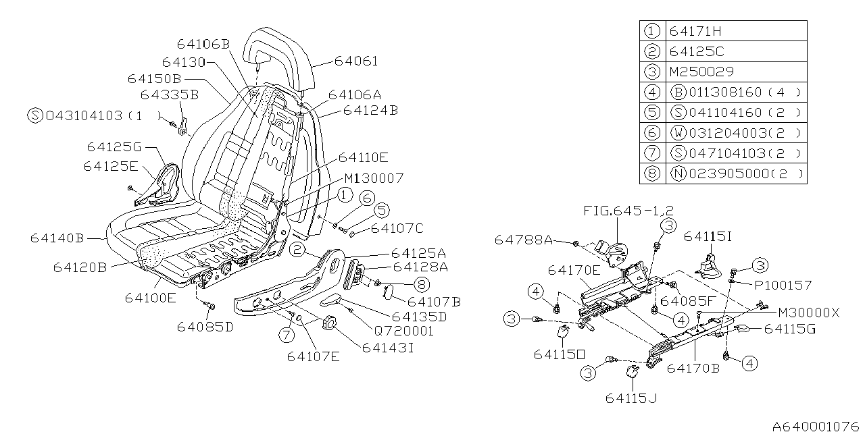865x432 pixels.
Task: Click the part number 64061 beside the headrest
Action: coord(356,61)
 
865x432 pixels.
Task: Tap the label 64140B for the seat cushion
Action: coord(57,238)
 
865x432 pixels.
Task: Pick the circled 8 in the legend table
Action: coord(651,173)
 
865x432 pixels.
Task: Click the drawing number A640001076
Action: coord(816,426)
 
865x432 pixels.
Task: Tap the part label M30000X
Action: coord(808,313)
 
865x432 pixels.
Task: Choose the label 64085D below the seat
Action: coord(205,327)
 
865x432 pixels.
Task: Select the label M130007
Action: coord(374,178)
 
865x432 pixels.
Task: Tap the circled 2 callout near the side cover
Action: coord(297,250)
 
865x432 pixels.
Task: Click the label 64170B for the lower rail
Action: coord(692,369)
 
